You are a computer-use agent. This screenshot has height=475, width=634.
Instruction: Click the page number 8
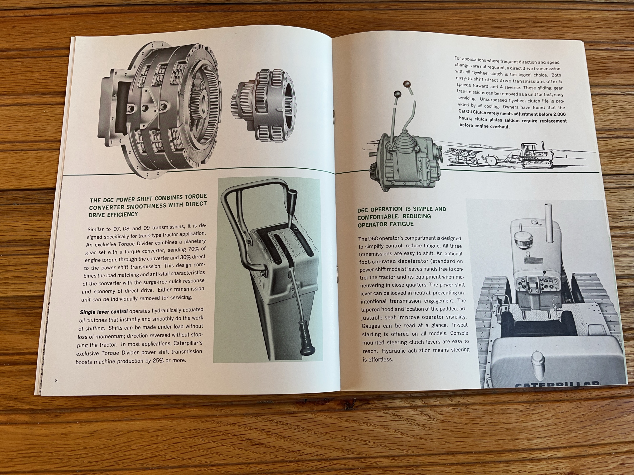[x=56, y=380]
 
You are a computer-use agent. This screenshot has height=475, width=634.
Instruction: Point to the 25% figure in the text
[x=158, y=361]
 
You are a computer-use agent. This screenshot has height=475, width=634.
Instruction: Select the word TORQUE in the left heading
[x=195, y=196]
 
